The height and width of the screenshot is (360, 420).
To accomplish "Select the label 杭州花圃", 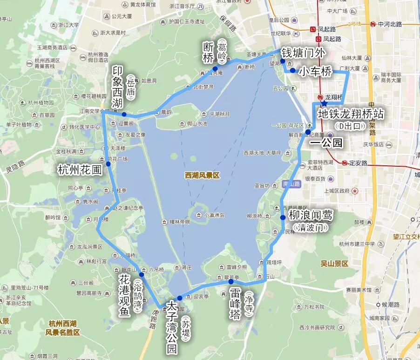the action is [80, 170].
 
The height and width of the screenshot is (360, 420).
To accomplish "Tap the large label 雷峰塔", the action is [235, 304].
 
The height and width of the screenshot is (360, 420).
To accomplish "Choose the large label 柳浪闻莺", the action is [311, 216].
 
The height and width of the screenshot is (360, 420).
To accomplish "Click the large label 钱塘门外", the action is [303, 53].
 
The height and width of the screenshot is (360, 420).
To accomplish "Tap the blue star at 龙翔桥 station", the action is [324, 102].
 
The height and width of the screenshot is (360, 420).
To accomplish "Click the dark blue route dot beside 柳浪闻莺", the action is [283, 217].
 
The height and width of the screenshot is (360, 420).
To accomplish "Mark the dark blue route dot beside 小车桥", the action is [292, 71].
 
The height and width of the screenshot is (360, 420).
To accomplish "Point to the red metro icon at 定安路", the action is [344, 163].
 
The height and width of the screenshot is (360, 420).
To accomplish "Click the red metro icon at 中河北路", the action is [373, 24].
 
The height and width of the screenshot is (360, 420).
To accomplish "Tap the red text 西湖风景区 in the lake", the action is [202, 176].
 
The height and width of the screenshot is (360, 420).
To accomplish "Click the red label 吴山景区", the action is [334, 264].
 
